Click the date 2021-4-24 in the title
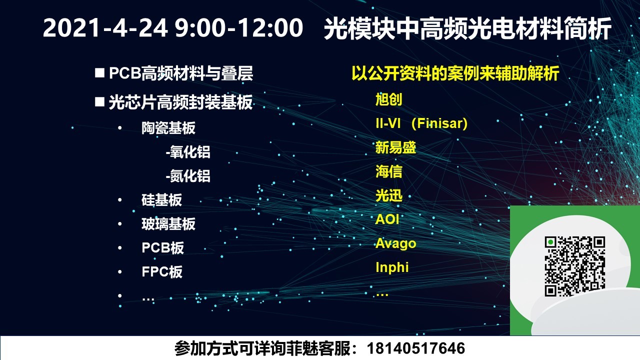point(105,27)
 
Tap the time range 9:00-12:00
point(239,27)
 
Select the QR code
point(575,266)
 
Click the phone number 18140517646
point(415,348)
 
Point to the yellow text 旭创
point(389,99)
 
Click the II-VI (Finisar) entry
point(421,123)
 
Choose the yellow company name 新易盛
point(395,147)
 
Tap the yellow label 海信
point(389,171)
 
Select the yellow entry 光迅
point(389,195)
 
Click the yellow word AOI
point(387,219)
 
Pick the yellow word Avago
point(395,243)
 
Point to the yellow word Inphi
point(392,267)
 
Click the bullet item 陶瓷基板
point(168,128)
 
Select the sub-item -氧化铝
point(188,152)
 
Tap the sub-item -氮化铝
point(188,176)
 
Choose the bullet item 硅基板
point(161,199)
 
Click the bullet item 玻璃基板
point(168,223)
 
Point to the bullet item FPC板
point(162,271)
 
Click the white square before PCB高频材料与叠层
point(99,72)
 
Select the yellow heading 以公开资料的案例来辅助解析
point(455,73)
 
